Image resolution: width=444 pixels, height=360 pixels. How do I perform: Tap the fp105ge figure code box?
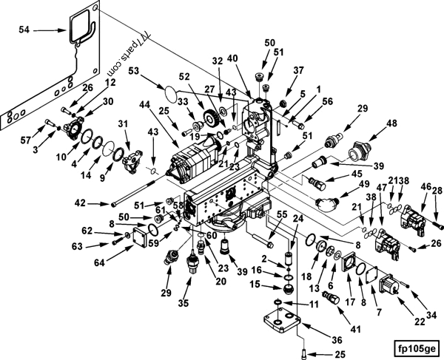pyautogui.click(x=417, y=344)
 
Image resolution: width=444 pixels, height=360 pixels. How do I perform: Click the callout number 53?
pyautogui.click(x=135, y=71)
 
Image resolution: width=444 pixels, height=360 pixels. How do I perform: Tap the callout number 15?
pyautogui.click(x=254, y=285)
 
